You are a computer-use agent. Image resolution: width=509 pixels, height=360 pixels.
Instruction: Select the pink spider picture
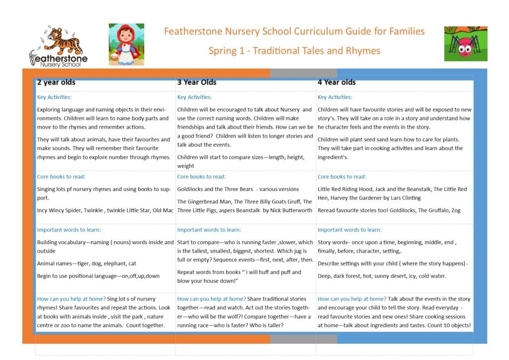coord(465,44)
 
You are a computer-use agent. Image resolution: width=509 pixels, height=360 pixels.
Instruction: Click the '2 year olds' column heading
coord(56,82)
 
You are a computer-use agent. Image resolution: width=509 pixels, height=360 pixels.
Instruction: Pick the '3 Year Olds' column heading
coord(197,82)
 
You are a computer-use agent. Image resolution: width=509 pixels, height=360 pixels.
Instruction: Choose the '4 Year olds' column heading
coord(337,82)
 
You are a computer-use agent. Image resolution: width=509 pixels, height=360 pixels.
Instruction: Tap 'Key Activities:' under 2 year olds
coord(54,97)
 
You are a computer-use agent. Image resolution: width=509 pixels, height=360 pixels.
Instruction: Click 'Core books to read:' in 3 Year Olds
coord(201,177)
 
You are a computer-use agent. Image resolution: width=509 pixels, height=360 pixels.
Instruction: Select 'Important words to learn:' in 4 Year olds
coord(349,230)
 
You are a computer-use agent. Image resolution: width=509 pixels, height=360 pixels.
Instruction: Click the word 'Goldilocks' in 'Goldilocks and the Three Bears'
coord(191,189)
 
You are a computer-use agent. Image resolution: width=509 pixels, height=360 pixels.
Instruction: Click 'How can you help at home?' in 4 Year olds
coord(352,299)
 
